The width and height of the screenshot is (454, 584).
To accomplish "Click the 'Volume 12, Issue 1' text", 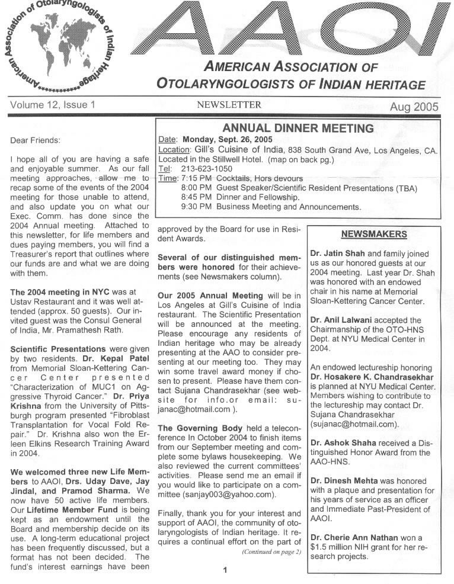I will (53, 106).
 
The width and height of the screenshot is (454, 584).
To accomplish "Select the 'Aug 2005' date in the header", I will (414, 107).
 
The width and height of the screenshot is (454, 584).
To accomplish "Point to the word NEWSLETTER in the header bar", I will (229, 105).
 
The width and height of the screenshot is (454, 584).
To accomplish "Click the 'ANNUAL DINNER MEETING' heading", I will (298, 129).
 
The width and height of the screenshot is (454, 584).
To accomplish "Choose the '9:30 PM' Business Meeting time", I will (197, 207).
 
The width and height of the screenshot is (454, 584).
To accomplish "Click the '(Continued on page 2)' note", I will (271, 552).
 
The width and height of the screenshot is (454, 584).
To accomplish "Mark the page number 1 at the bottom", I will (225, 570).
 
